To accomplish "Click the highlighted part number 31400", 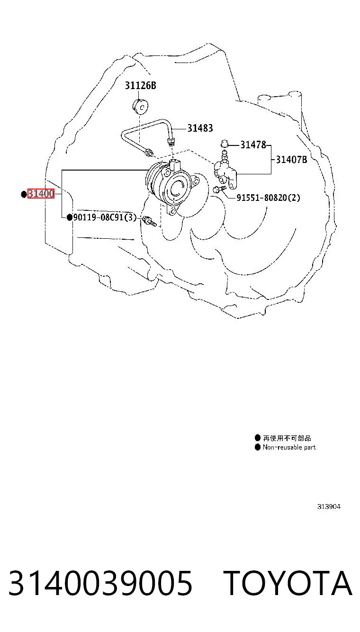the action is (x=41, y=194).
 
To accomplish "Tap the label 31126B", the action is (x=141, y=85).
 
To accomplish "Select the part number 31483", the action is (x=200, y=128).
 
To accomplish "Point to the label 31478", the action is (x=253, y=145).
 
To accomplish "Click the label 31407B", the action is (x=291, y=160).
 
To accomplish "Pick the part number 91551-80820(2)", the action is (x=268, y=198).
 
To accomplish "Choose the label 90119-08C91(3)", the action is (x=105, y=217).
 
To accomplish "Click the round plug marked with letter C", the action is (x=141, y=107).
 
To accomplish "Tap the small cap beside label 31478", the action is (x=225, y=144).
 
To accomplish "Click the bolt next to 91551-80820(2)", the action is (x=220, y=188).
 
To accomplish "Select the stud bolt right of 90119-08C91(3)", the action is (x=149, y=221).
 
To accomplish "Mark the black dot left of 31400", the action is (x=24, y=194).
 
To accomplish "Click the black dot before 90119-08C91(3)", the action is (x=70, y=217).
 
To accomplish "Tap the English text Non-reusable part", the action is (x=289, y=447).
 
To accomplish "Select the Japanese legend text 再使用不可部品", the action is (x=287, y=438).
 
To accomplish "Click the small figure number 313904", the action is (x=329, y=506).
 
